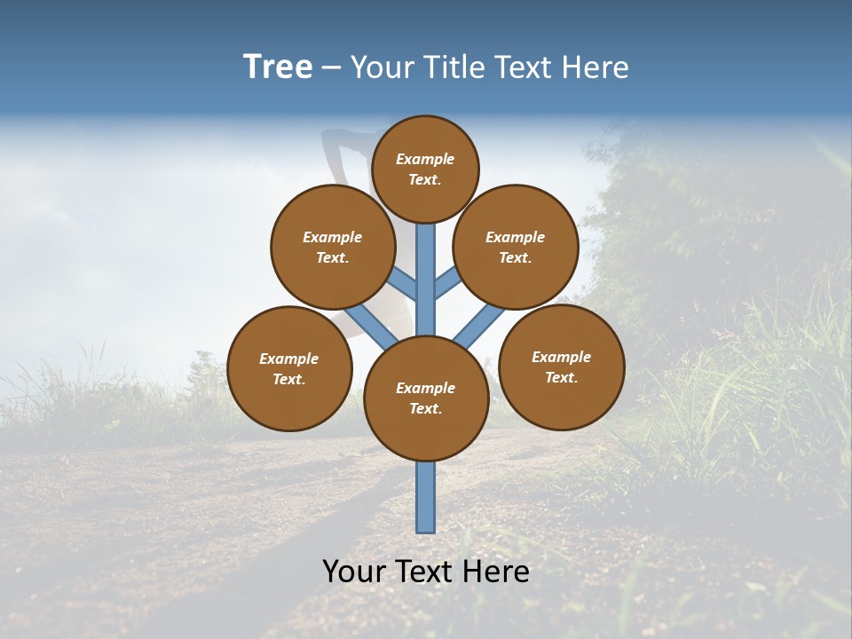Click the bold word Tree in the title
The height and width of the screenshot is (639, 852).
[278, 67]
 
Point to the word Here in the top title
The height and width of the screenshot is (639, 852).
[596, 67]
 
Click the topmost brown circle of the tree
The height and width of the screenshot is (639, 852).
[425, 169]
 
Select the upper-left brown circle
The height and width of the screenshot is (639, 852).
[333, 247]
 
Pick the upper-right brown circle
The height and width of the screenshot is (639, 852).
[516, 247]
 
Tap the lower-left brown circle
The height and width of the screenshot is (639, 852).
[289, 368]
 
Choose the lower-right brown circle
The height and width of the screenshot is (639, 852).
[562, 367]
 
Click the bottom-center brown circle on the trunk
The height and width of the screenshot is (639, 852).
[426, 398]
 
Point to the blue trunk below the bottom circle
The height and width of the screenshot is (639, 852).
[426, 497]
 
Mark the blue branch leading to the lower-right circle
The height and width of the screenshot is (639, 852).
[479, 327]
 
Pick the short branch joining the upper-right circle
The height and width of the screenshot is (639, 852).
[446, 284]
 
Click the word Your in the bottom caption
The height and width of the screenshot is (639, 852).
[355, 572]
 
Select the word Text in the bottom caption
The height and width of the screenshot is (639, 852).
[428, 572]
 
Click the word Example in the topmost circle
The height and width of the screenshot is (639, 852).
[425, 159]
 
